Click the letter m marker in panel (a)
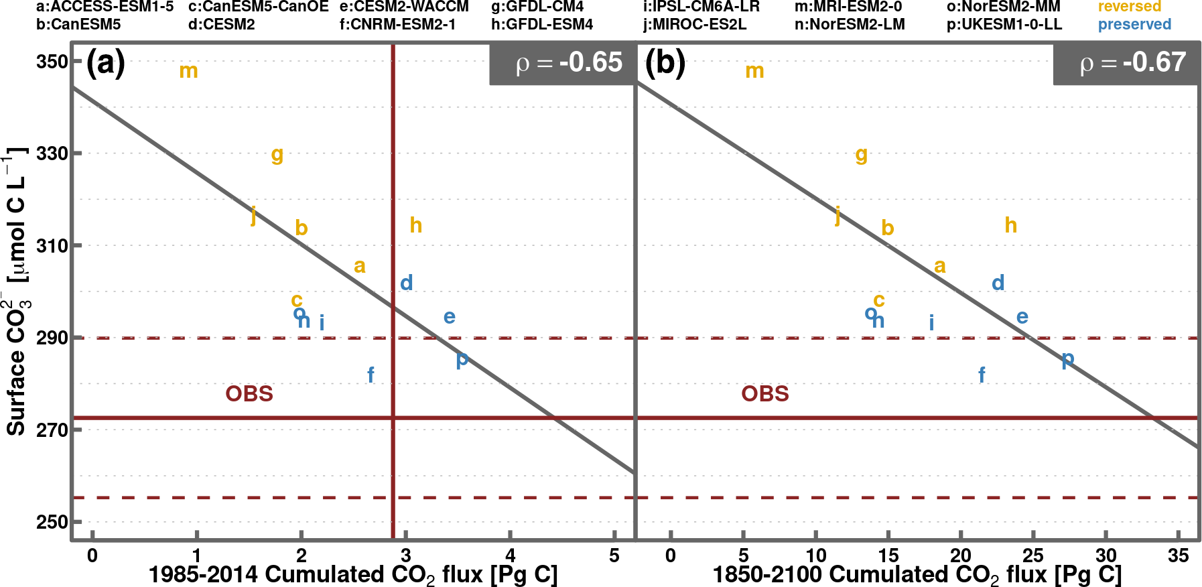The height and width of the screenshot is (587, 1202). pos(188,71)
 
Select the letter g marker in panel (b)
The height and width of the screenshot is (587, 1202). pos(862,155)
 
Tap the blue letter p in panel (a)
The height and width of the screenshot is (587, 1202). pos(462,361)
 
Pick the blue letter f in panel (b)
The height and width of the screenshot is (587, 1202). pos(982,375)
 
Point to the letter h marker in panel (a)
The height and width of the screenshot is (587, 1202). pos(416,225)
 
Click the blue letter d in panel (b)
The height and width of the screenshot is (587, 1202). pos(998,283)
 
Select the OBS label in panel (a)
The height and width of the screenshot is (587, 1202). pos(249,393)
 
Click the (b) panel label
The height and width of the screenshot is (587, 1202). pos(665,63)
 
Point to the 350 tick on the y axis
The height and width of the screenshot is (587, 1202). pos(52,62)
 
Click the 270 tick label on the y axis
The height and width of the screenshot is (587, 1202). pos(52,430)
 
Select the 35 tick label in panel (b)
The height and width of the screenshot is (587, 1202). pos(1178,556)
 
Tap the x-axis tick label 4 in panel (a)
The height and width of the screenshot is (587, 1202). pos(511,556)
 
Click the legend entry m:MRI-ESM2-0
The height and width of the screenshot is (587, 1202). pos(848,7)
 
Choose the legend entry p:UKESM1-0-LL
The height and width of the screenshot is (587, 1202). pos(1004,25)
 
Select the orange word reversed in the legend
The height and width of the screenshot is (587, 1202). pos(1129,7)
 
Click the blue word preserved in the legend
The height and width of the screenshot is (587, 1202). pos(1134,25)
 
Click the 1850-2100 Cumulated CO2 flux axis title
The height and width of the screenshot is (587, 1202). pos(917,575)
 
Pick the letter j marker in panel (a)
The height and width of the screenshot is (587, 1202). pos(253,216)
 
